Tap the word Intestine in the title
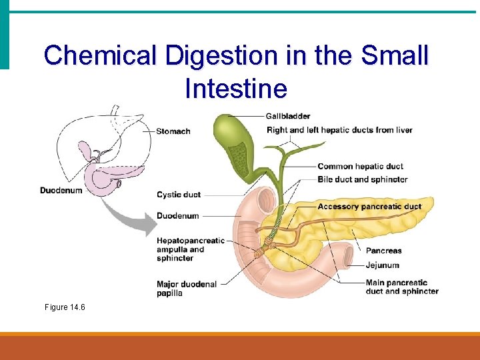pos(236,88)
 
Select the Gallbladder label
pos(287,117)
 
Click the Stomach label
pos(173,131)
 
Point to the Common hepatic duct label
pos(360,166)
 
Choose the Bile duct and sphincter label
pos(362,179)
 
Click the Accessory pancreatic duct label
pos(369,207)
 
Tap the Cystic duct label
pos(178,195)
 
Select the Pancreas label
pos(383,251)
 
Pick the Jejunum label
pos(382,265)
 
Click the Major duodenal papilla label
pos(187,289)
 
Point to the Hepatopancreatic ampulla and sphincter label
pos(189,249)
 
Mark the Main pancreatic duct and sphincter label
pos(401,287)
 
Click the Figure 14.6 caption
pos(65,307)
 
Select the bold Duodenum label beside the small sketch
pos(61,191)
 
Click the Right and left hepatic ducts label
pos(339,130)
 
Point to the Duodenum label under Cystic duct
pos(177,216)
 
